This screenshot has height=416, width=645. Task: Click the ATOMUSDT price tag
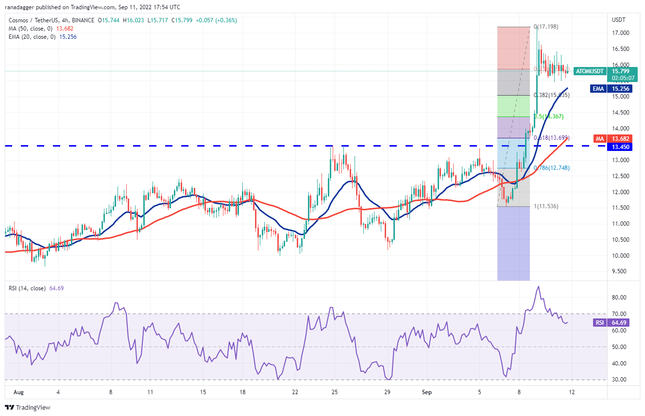point(589,71)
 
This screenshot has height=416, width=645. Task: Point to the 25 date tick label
point(334,392)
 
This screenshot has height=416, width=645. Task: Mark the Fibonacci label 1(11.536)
point(546,206)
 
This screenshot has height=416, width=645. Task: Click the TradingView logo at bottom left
point(28,407)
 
